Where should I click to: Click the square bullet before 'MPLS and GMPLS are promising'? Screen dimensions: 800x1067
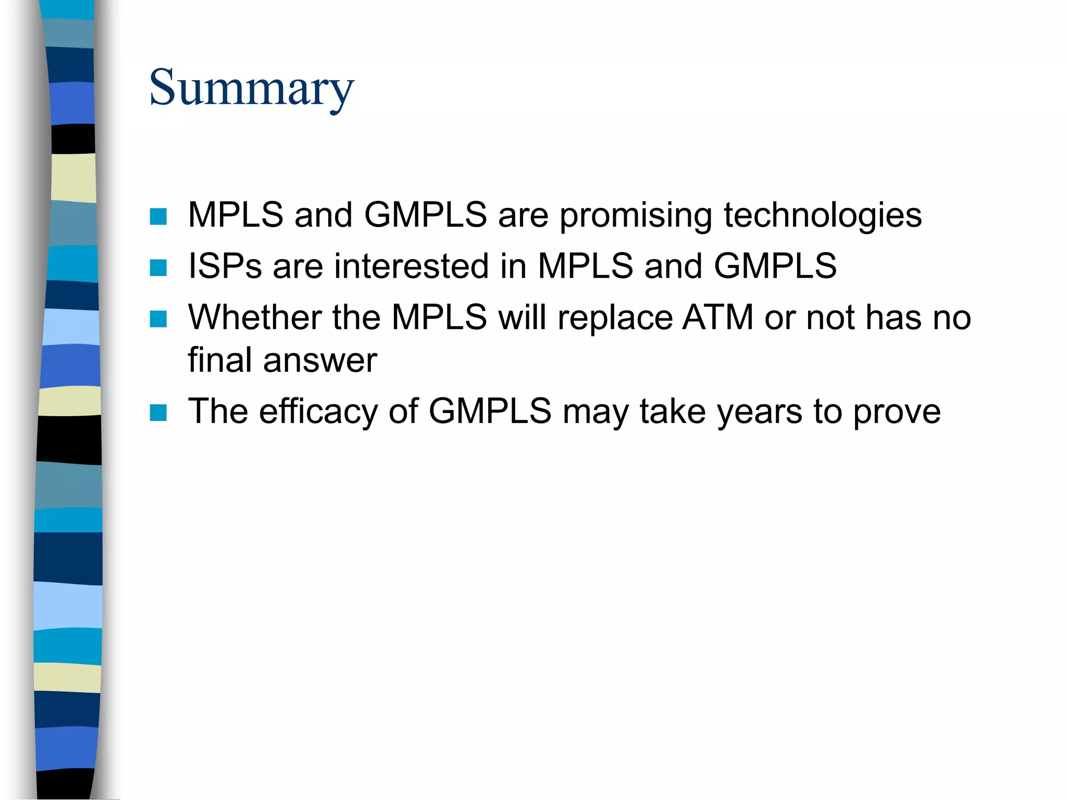158,216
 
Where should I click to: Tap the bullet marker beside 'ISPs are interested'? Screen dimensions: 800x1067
158,267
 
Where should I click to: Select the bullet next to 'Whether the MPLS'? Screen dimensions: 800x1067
158,319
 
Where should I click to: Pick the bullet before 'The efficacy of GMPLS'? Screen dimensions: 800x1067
158,413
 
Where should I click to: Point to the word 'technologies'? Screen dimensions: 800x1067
823,216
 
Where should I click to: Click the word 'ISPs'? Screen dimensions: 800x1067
225,266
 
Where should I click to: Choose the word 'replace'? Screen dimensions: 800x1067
615,318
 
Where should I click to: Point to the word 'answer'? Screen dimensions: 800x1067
320,360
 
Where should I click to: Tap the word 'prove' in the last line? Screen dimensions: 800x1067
897,412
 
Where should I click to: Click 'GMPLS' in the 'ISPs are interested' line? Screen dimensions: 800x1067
775,266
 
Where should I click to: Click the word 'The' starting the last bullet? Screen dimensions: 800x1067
218,411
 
